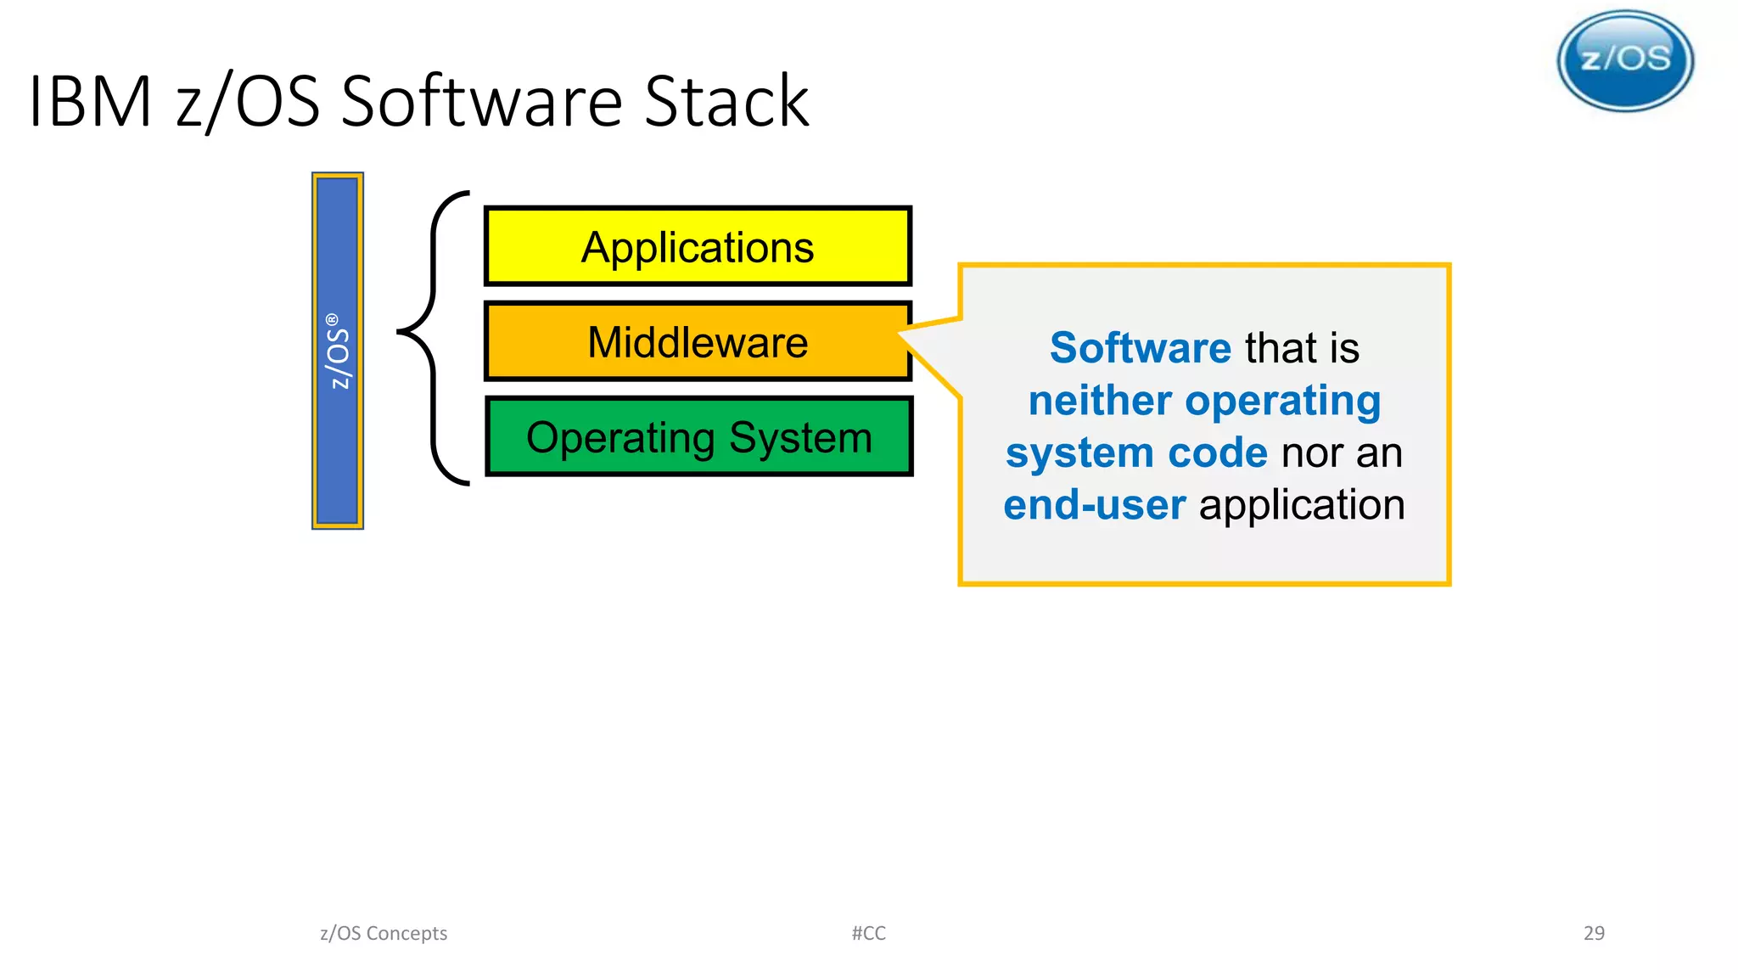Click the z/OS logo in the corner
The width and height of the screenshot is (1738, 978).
[1625, 60]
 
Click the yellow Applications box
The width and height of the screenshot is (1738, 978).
[698, 246]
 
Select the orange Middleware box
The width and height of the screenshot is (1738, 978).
[698, 341]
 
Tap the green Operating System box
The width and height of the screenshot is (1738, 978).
[698, 436]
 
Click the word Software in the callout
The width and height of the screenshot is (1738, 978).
[1140, 348]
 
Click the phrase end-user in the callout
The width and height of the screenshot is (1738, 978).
[1094, 505]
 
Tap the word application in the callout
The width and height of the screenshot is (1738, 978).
[1301, 505]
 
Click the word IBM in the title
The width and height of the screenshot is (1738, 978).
[90, 102]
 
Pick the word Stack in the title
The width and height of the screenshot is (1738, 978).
[726, 102]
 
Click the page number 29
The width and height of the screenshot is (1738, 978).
[1594, 933]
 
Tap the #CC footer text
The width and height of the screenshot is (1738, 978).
[868, 933]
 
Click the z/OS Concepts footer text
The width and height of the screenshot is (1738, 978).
[384, 933]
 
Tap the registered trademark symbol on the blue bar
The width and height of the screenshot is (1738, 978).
[333, 320]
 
